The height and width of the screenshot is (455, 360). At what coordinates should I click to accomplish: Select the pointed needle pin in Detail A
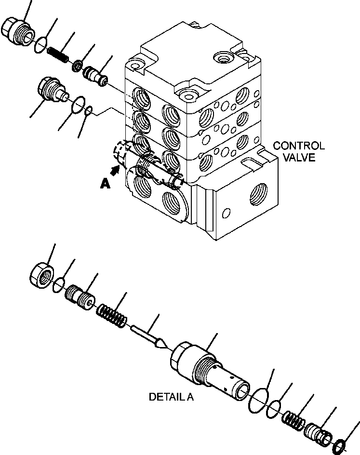148,335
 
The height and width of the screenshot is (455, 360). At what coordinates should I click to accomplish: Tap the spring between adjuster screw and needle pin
112,315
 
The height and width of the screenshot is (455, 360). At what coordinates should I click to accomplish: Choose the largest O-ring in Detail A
259,400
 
